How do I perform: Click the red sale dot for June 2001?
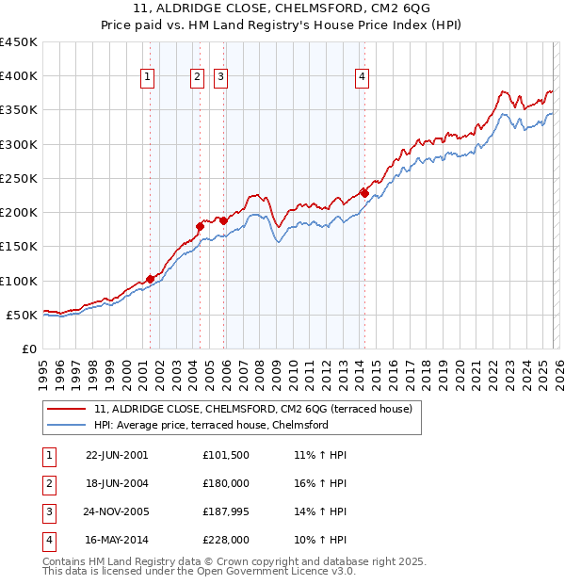click(151, 279)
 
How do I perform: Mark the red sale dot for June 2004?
click(200, 226)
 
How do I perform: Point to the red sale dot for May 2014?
click(363, 193)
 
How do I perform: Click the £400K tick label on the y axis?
click(19, 76)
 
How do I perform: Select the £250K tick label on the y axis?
click(19, 178)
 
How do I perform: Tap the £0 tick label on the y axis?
click(28, 349)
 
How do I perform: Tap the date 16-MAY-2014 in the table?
click(114, 540)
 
